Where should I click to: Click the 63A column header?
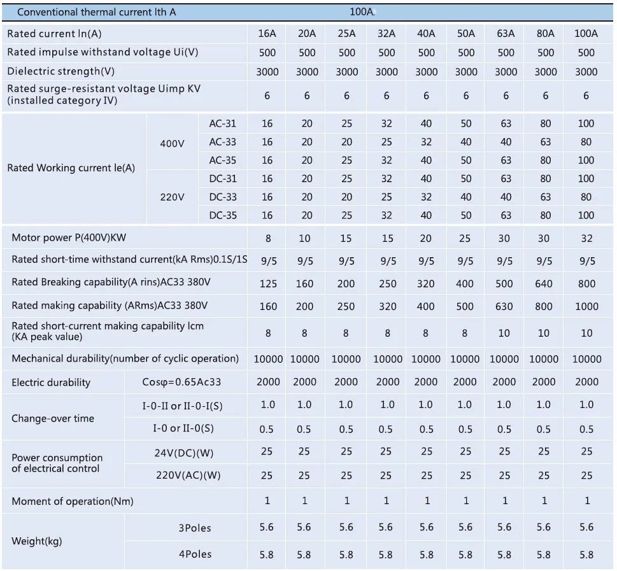[x=506, y=34]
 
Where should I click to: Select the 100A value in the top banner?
[x=362, y=12]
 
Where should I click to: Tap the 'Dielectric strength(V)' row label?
[x=61, y=71]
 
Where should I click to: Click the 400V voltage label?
[x=172, y=144]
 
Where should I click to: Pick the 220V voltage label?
[x=172, y=197]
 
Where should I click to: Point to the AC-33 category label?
[x=223, y=142]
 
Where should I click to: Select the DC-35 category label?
[x=223, y=215]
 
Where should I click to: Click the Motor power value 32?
[x=586, y=239]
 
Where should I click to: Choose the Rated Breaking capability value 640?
[x=544, y=284]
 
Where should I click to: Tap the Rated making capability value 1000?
[x=586, y=307]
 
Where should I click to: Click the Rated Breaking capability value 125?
[x=268, y=284]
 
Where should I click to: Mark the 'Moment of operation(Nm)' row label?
[x=73, y=502]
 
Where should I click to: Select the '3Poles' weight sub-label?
[x=195, y=528]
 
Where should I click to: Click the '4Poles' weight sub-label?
[x=195, y=554]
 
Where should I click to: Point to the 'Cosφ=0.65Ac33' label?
[x=181, y=382]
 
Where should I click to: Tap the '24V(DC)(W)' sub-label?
[x=184, y=453]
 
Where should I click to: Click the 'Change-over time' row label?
[x=53, y=418]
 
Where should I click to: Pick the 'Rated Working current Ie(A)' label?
[x=71, y=168]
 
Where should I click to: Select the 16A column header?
[x=267, y=34]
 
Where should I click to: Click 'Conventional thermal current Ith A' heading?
[x=96, y=12]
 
